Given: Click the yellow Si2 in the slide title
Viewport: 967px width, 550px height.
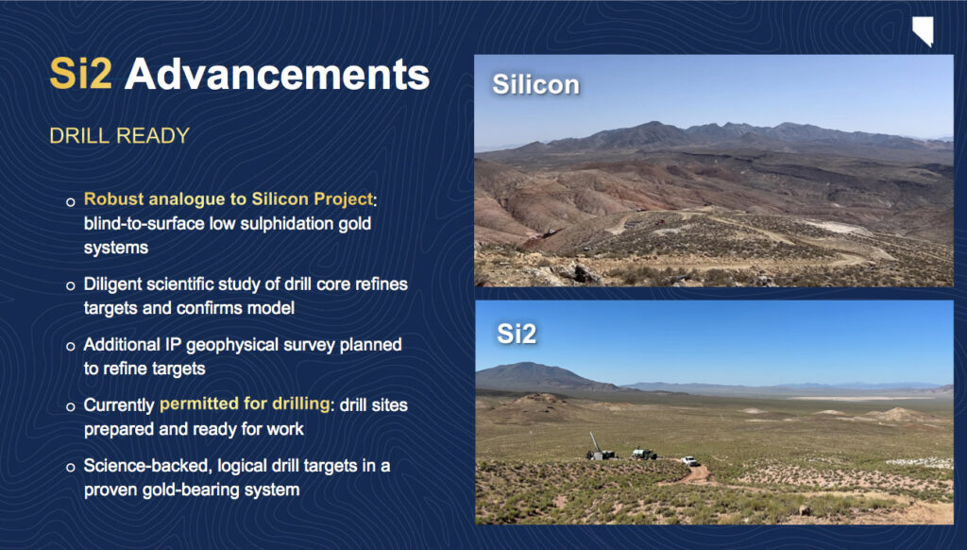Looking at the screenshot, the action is point(81,74).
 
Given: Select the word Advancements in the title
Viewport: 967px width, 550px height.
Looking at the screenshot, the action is point(277,74).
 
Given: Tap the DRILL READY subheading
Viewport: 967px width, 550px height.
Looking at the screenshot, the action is point(120,136).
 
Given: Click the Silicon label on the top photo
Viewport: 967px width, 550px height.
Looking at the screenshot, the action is point(536,84).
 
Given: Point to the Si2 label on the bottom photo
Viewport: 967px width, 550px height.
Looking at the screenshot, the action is point(517,334).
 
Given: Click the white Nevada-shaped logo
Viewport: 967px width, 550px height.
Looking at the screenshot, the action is point(923,31).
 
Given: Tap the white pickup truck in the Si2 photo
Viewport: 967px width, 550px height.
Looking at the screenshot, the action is point(690,460).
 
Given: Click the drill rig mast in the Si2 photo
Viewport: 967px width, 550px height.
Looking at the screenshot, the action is point(595,442).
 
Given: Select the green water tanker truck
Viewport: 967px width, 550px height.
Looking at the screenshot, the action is point(644,455).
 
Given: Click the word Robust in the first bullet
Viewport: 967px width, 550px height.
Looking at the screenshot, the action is point(114,199).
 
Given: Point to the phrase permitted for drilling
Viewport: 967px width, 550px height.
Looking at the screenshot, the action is point(245,404).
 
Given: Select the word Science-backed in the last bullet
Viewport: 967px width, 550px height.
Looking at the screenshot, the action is point(148,466).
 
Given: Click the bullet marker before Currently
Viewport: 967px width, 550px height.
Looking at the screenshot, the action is point(70,406).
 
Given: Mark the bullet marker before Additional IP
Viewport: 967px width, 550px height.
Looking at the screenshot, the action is point(70,346).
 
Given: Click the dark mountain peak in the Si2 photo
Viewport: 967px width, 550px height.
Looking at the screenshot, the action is point(532,369).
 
